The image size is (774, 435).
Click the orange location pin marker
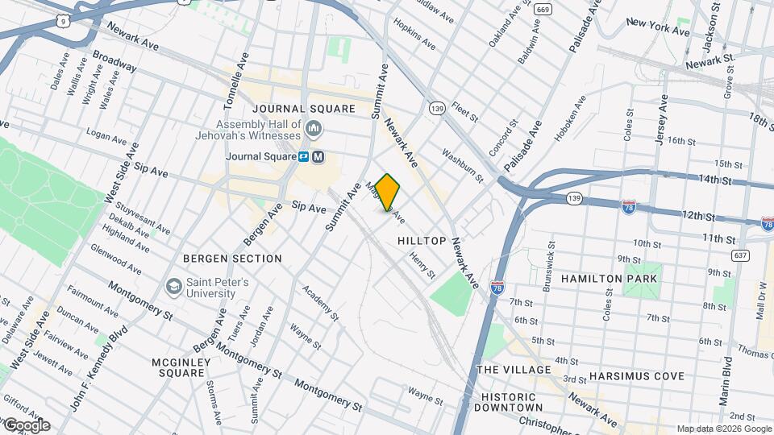[388, 192]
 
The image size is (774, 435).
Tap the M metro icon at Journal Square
[318, 157]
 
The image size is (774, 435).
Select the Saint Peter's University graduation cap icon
[173, 287]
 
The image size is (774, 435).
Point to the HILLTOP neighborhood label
[422, 241]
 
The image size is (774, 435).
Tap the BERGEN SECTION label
[232, 259]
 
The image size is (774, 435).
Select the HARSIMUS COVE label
[636, 376]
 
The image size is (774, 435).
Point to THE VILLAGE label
[514, 369]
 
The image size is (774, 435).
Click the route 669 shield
[543, 10]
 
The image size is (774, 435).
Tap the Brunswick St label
[549, 257]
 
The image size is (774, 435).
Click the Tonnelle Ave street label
[240, 77]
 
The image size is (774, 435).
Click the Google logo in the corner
[27, 425]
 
